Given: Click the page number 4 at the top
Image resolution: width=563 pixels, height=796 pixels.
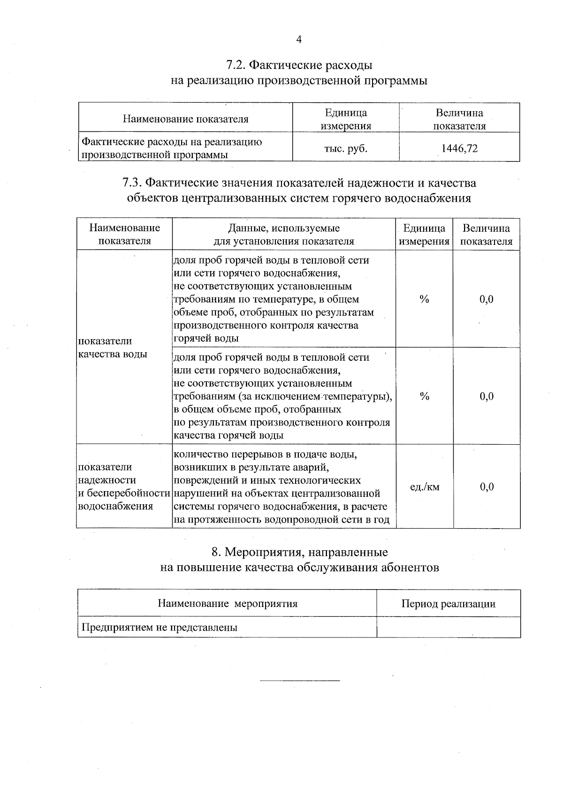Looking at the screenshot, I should coord(298,39).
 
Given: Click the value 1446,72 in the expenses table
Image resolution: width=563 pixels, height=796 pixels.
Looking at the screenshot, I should coord(459,149).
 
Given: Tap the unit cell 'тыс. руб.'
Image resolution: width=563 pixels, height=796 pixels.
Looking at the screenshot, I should coord(346,149).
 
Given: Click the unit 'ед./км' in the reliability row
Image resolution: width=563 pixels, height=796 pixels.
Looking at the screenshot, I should coord(425,486).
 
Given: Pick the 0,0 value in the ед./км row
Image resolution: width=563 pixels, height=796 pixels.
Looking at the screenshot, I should coord(487,486).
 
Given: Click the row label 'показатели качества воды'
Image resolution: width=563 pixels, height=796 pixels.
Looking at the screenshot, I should coord(113,348).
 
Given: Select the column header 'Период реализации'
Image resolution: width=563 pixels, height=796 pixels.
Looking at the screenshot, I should coord(448,604).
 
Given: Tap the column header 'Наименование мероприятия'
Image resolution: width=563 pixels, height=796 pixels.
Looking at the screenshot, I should coord(228,604).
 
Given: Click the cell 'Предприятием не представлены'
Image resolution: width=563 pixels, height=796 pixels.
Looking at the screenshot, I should coord(160,628).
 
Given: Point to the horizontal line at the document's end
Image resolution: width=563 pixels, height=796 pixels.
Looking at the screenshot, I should coord(299,680).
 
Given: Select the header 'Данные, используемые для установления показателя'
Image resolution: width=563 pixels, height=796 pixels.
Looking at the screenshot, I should coord(284,235).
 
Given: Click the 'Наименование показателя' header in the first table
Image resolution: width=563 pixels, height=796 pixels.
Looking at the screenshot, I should coord(185,119).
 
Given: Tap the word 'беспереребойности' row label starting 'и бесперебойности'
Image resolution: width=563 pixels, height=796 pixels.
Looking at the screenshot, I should coord(123,493).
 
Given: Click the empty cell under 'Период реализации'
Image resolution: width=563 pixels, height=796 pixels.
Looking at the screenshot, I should coord(448,628).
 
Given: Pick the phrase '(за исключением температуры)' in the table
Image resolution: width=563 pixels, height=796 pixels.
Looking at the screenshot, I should coord(314,397).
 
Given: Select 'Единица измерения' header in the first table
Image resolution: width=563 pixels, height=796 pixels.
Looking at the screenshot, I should coord(346,119).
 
